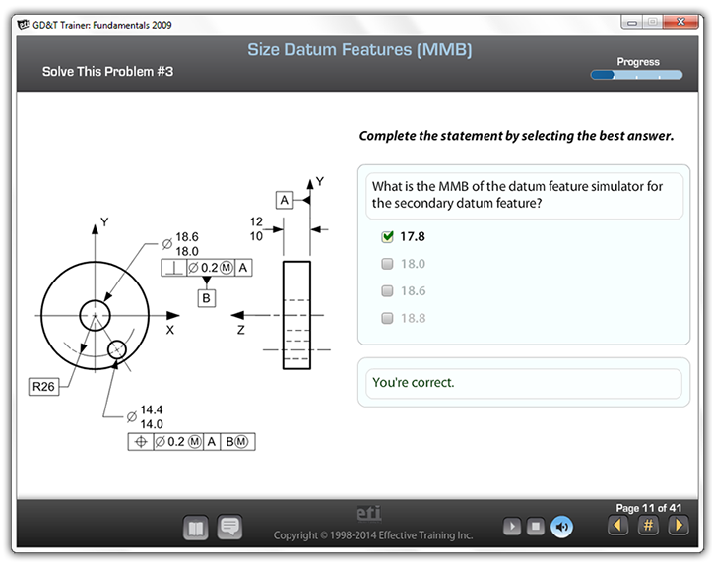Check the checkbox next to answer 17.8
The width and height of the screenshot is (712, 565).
pyautogui.click(x=387, y=236)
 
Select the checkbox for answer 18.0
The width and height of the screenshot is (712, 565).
pyautogui.click(x=387, y=264)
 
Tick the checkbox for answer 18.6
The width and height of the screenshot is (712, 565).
pyautogui.click(x=387, y=291)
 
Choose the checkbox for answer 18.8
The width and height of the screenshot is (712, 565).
pyautogui.click(x=387, y=318)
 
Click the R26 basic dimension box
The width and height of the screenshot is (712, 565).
pyautogui.click(x=43, y=386)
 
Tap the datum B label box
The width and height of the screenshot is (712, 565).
pyautogui.click(x=206, y=298)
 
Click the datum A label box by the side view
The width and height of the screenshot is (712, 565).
pyautogui.click(x=285, y=200)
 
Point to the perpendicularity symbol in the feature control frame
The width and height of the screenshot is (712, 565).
pyautogui.click(x=174, y=268)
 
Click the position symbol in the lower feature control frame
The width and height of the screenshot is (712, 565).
pyautogui.click(x=141, y=442)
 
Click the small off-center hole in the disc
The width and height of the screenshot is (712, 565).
pyautogui.click(x=117, y=349)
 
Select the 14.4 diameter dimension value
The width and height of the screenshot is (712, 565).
pyautogui.click(x=152, y=409)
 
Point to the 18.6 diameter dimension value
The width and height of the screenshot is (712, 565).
pyautogui.click(x=187, y=237)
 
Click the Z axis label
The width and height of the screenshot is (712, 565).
pyautogui.click(x=240, y=330)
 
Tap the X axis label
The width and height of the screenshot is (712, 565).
pyautogui.click(x=169, y=330)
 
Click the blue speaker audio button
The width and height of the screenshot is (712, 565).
pyautogui.click(x=561, y=527)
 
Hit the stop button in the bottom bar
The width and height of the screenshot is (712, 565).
pyautogui.click(x=536, y=527)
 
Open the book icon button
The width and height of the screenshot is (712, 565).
pyautogui.click(x=196, y=528)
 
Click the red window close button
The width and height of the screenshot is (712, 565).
pyautogui.click(x=680, y=22)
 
